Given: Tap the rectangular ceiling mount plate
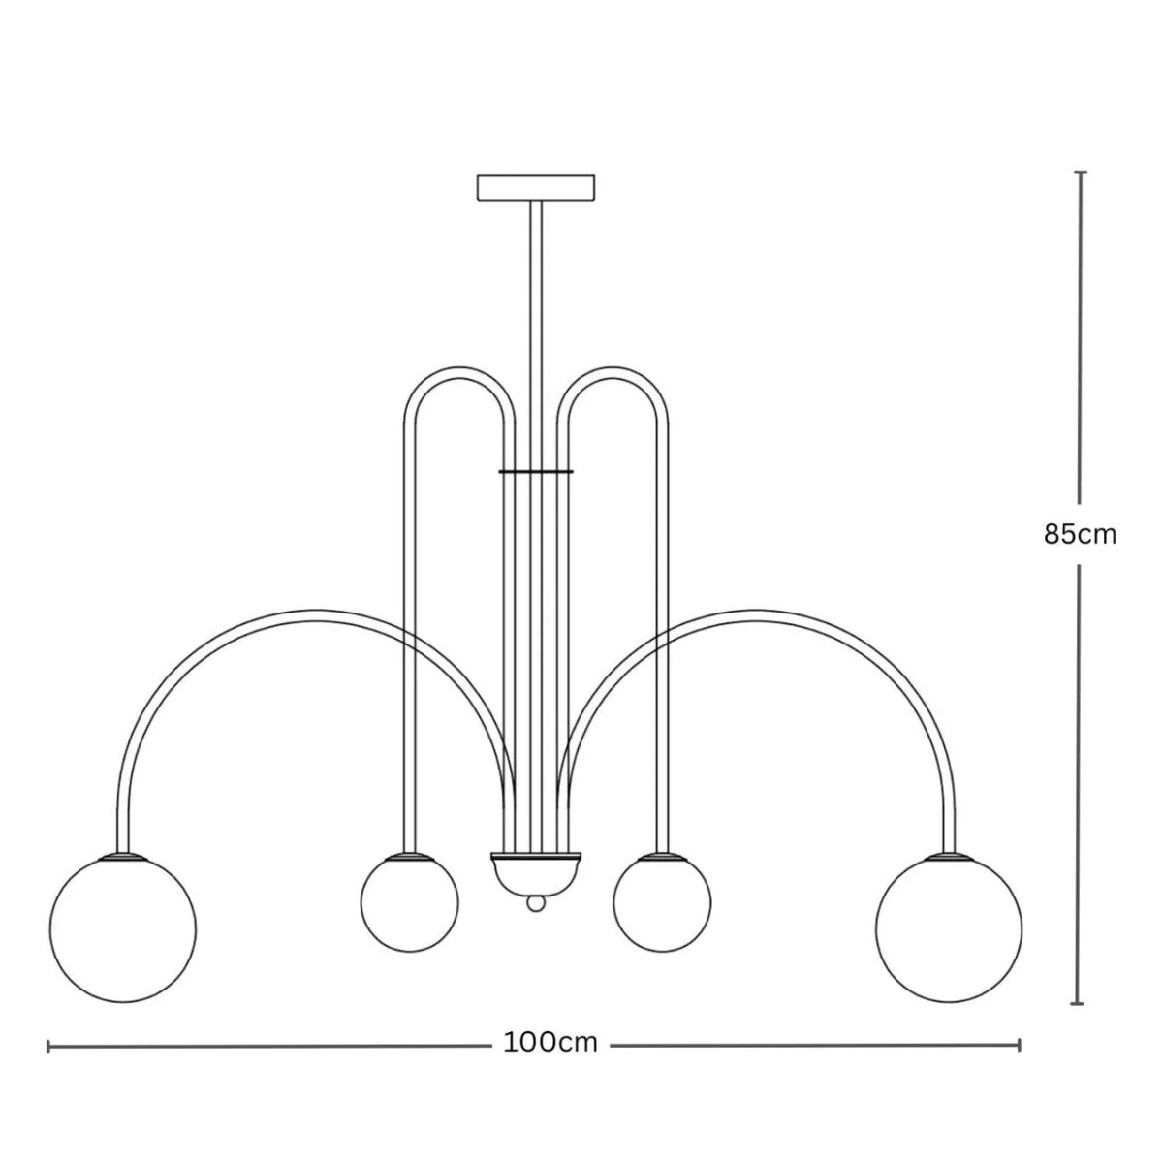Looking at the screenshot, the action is [536, 188].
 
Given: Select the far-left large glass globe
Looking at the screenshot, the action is [123, 929].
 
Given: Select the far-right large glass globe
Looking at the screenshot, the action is [949, 929].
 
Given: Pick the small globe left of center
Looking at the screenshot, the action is [409, 903].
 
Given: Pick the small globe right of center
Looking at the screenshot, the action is [662, 903].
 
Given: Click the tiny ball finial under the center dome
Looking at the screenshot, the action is [535, 919].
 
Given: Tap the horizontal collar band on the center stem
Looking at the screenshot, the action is [536, 470].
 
